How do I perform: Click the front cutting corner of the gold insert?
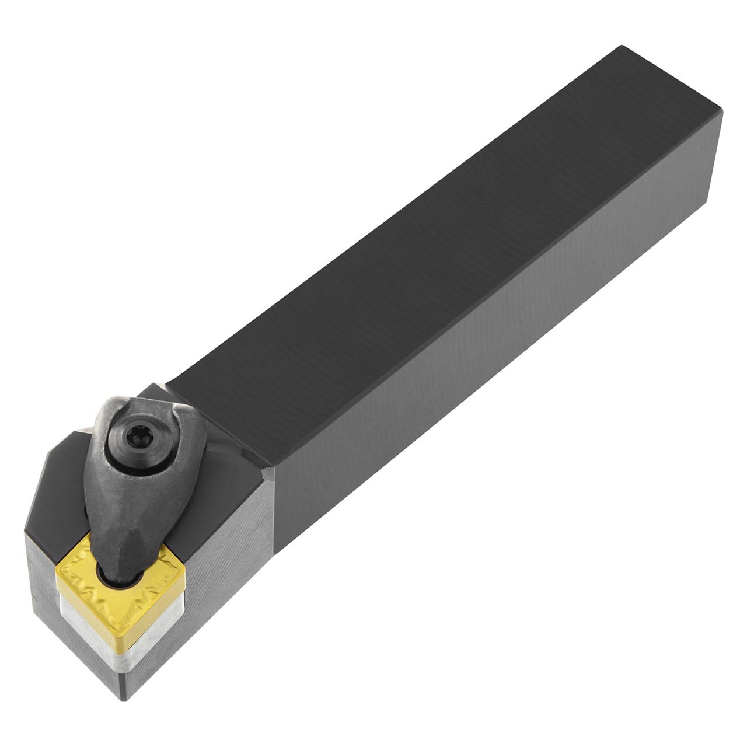click(121, 607)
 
